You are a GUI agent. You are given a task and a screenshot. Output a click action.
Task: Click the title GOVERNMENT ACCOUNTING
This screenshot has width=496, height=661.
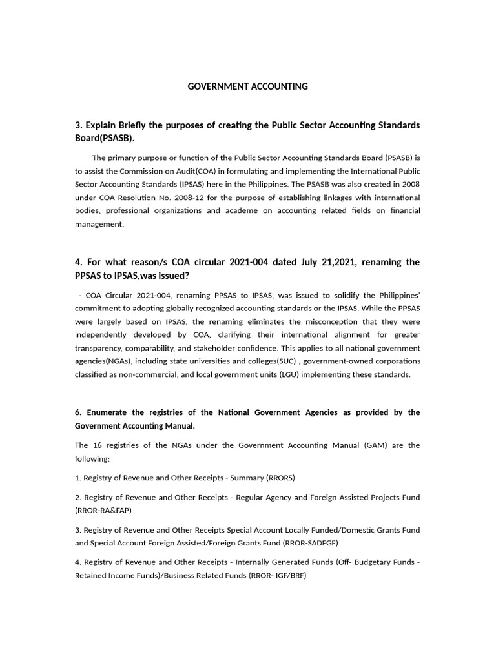pyautogui.click(x=248, y=86)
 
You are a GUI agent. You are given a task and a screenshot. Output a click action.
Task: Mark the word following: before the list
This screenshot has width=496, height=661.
pyautogui.click(x=93, y=458)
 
